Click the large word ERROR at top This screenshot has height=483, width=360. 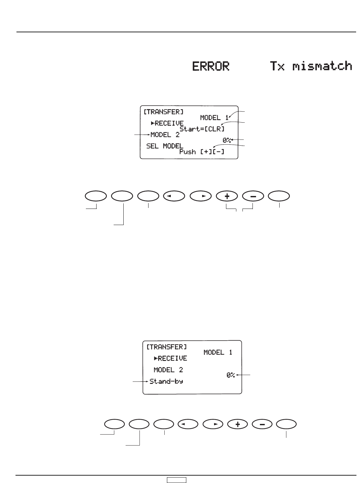[x=211, y=66]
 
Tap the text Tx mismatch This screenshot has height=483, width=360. [x=311, y=66]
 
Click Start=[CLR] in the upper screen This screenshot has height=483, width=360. [x=202, y=129]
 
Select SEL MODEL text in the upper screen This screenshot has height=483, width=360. [x=165, y=146]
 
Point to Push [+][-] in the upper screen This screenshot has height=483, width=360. [x=202, y=152]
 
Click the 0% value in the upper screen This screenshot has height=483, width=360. [x=227, y=140]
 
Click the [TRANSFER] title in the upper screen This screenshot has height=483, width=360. [x=163, y=112]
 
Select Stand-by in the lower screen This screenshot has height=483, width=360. [x=166, y=382]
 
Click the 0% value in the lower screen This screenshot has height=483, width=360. [x=231, y=375]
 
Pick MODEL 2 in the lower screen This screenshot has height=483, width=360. [x=168, y=370]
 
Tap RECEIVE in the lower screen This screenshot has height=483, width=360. [x=171, y=358]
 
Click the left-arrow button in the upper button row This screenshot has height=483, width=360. [x=174, y=196]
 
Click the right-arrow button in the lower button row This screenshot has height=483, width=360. [x=213, y=424]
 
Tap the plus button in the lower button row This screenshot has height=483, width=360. [x=238, y=424]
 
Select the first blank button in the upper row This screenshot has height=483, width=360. [x=96, y=196]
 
